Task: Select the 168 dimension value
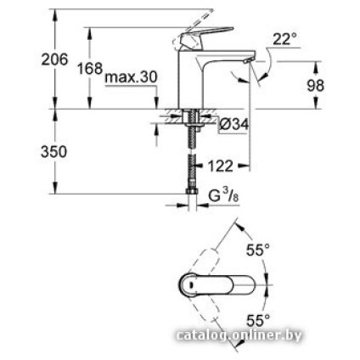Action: pos(90,68)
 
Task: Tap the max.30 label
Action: pos(131,77)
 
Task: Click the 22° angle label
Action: pos(285,39)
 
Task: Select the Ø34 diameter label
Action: pos(233,125)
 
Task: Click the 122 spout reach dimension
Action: pos(220,166)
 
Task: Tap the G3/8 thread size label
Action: pos(223,195)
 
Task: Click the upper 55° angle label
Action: pos(257,250)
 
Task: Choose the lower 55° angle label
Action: pos(257,320)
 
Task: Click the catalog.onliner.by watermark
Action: pos(238,335)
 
